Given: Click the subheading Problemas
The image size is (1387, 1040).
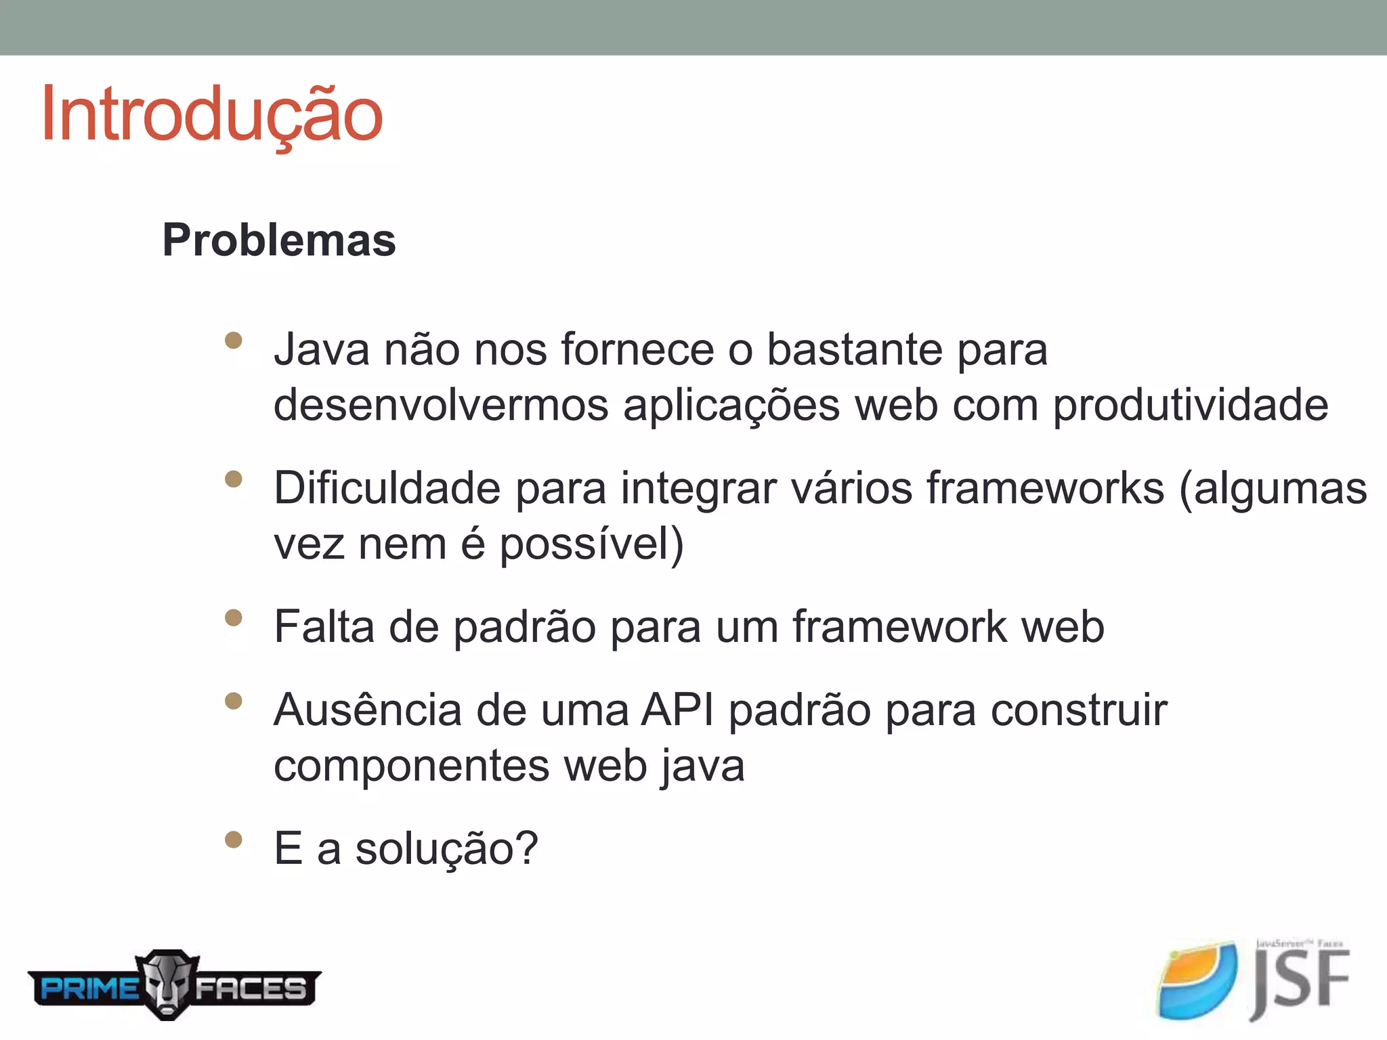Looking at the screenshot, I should point(279,240).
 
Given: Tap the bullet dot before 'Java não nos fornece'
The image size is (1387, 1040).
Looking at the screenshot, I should point(234,340).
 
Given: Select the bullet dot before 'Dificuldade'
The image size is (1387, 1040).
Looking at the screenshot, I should point(234,479).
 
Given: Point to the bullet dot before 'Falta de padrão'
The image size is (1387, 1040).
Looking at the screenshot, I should point(234,617).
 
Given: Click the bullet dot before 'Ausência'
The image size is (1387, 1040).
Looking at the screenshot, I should point(234,701).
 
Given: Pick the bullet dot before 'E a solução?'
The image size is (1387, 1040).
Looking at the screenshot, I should point(234,840).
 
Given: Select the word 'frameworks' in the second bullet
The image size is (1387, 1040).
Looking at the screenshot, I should point(1045,488).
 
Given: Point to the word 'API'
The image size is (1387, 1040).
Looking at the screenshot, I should point(677,710).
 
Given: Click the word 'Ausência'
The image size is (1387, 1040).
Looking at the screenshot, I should point(366,710).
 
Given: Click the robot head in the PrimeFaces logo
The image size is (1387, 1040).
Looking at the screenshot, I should point(167,983).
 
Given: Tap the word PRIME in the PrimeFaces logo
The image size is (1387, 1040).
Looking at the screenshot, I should point(89,989).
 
